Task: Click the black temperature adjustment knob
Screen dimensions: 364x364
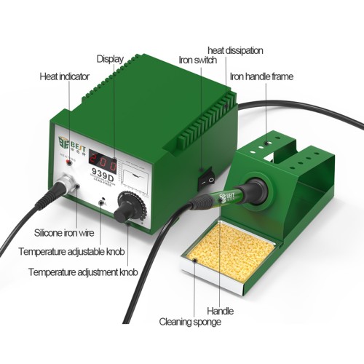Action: pos(124,208)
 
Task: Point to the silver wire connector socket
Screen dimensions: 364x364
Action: pos(66,183)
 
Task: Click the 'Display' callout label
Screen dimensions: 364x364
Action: pos(110,58)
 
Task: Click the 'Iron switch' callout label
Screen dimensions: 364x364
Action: pos(198,60)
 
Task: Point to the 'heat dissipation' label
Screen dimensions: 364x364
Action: pos(235,50)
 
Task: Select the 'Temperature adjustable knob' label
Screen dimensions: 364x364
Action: pos(72,252)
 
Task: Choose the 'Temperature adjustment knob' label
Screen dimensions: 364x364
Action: pos(83,272)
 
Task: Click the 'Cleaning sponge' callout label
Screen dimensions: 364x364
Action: pos(190,320)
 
